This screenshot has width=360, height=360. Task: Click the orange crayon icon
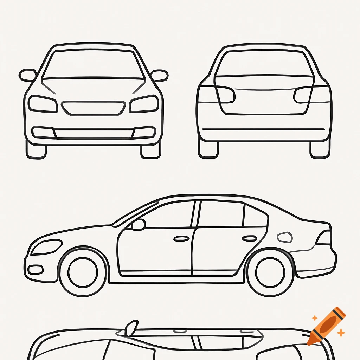(x=327, y=326)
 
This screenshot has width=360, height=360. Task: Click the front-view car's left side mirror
(x=28, y=75)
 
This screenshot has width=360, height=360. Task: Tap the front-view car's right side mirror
(x=159, y=75)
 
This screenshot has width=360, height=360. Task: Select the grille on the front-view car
(x=94, y=108)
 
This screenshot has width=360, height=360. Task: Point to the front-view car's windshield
(x=94, y=64)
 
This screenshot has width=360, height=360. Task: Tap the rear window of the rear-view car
(x=264, y=63)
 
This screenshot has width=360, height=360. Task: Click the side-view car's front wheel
(x=83, y=272)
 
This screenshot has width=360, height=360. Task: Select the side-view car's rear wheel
(x=270, y=272)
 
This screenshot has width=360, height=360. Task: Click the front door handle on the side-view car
(x=182, y=239)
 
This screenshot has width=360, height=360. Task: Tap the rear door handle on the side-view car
(x=249, y=238)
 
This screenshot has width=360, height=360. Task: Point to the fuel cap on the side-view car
(x=285, y=237)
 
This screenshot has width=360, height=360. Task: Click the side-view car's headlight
(x=46, y=247)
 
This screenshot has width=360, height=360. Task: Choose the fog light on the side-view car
(x=35, y=270)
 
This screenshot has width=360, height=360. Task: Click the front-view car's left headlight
(x=43, y=104)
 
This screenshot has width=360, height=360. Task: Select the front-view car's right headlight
(x=144, y=104)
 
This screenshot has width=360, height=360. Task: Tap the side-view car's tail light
(x=324, y=238)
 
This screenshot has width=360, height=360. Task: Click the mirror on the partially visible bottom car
(x=132, y=328)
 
